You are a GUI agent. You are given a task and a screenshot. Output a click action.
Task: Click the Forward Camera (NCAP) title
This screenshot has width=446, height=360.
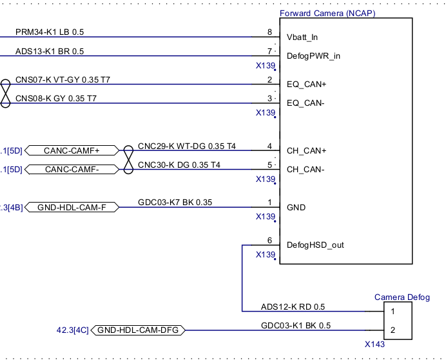(x=327, y=13)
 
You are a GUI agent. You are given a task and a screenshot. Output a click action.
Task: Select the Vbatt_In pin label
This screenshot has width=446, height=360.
(x=302, y=37)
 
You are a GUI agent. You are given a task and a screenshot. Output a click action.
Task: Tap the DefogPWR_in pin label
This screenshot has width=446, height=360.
(x=313, y=55)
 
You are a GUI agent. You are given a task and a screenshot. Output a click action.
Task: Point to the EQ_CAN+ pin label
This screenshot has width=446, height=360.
(x=307, y=84)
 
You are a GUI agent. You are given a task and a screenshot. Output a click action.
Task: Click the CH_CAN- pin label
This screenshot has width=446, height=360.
(x=305, y=169)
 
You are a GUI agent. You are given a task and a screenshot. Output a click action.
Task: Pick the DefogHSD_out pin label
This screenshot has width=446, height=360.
(x=315, y=245)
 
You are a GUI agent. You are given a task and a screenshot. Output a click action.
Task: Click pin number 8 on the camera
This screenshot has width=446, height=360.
(x=269, y=32)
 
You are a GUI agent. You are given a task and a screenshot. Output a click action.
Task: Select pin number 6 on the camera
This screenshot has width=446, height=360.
(x=269, y=240)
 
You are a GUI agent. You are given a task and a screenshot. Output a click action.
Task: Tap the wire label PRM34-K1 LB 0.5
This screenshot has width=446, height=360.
(x=50, y=32)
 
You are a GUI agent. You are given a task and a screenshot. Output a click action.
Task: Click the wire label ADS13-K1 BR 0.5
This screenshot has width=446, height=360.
(x=50, y=51)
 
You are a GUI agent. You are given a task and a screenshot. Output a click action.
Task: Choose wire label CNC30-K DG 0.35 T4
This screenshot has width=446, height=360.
(x=179, y=165)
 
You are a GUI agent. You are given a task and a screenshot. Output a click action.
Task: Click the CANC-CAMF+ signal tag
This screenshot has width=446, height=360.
(x=72, y=151)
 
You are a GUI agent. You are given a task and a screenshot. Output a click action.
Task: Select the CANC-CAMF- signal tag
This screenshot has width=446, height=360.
(x=72, y=170)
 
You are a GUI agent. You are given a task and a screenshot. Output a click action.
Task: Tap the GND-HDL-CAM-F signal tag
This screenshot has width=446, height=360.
(x=72, y=208)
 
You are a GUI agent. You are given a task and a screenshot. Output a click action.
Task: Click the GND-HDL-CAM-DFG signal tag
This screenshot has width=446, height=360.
(x=139, y=330)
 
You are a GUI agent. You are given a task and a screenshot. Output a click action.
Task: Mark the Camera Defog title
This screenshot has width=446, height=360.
(x=402, y=297)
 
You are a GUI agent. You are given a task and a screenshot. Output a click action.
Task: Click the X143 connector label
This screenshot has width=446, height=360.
(x=374, y=345)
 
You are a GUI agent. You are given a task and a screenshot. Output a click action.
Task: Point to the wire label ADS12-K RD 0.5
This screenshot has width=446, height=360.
(x=293, y=306)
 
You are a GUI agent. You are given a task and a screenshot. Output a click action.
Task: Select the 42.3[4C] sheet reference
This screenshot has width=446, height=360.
(x=72, y=330)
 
